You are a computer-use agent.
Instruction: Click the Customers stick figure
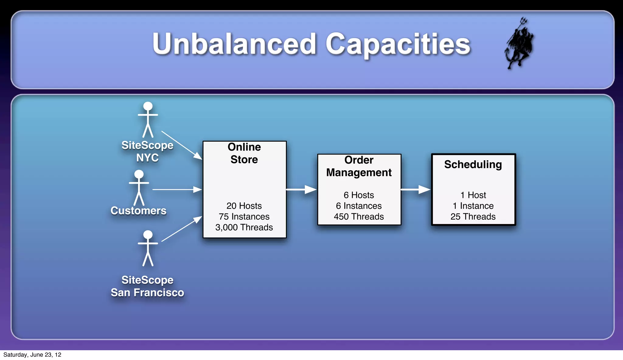[139, 188]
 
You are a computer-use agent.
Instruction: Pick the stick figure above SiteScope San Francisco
[148, 248]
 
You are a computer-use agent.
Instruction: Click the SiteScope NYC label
[148, 151]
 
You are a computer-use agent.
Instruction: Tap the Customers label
[138, 210]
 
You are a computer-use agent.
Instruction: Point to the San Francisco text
[147, 292]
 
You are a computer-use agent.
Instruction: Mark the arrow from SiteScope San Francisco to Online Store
[182, 229]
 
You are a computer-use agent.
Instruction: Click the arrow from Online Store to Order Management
[301, 189]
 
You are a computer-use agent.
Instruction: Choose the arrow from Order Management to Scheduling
[416, 189]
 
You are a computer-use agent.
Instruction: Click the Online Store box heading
[244, 153]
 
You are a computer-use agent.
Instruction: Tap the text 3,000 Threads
[244, 227]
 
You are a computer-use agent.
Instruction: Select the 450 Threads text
[359, 216]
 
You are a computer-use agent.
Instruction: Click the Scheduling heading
[473, 164]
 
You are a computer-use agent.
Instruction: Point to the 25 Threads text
[473, 216]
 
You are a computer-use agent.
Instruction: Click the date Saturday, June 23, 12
[32, 355]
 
